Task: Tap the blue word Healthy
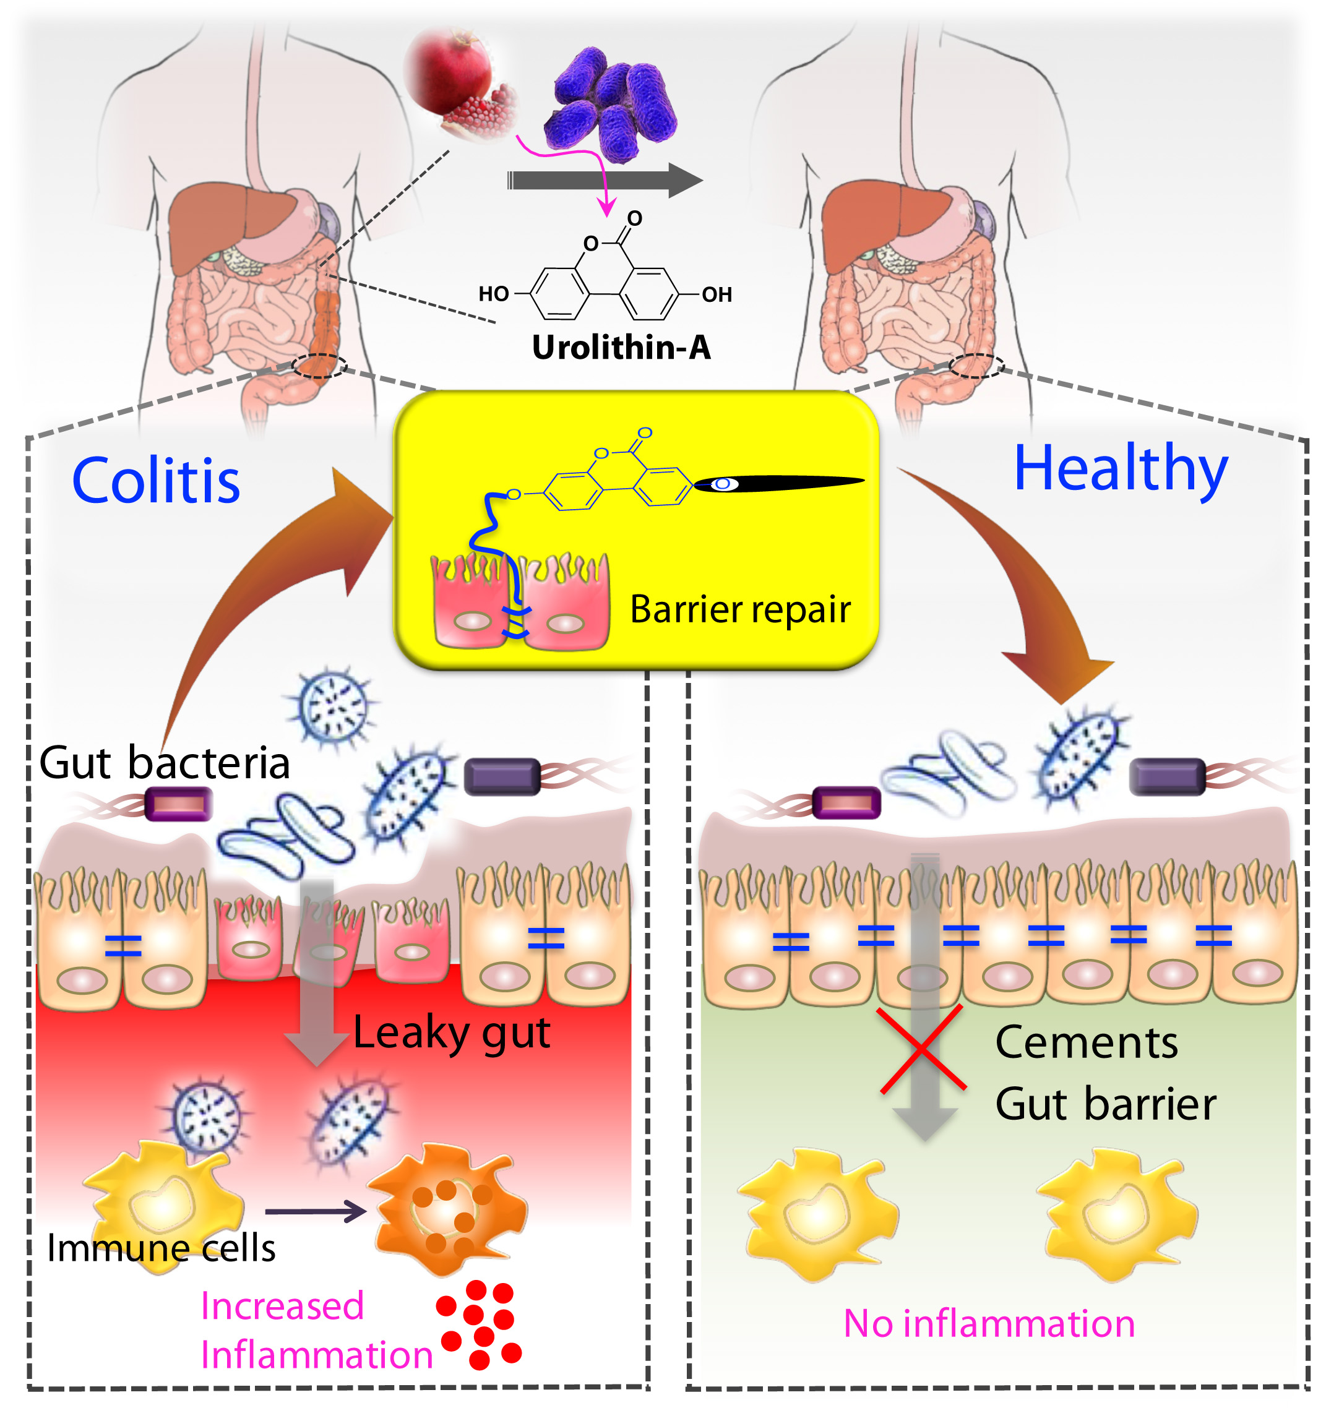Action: (x=1121, y=469)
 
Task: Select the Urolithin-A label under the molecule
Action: (x=621, y=348)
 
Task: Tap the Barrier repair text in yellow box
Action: (x=740, y=610)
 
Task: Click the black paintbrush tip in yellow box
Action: (x=779, y=484)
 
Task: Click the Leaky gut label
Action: (x=451, y=1032)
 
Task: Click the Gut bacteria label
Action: (x=165, y=763)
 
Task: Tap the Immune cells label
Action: (x=161, y=1248)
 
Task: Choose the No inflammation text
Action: (x=989, y=1324)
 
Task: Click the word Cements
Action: (x=1086, y=1042)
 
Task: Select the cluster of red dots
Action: (x=479, y=1324)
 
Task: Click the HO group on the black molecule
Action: (x=494, y=294)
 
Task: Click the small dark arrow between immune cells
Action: (x=315, y=1211)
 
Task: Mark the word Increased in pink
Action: (x=282, y=1306)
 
